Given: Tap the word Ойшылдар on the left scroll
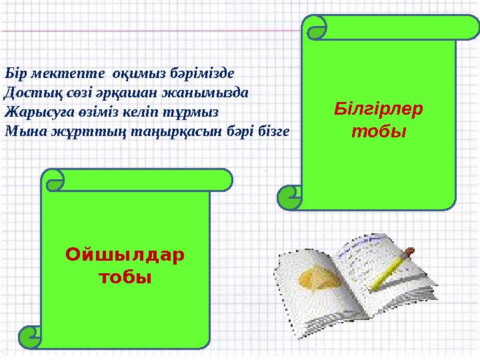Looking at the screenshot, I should (125, 255).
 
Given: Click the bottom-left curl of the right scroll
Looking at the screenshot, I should (289, 197).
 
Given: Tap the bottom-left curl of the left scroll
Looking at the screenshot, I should (30, 337).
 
